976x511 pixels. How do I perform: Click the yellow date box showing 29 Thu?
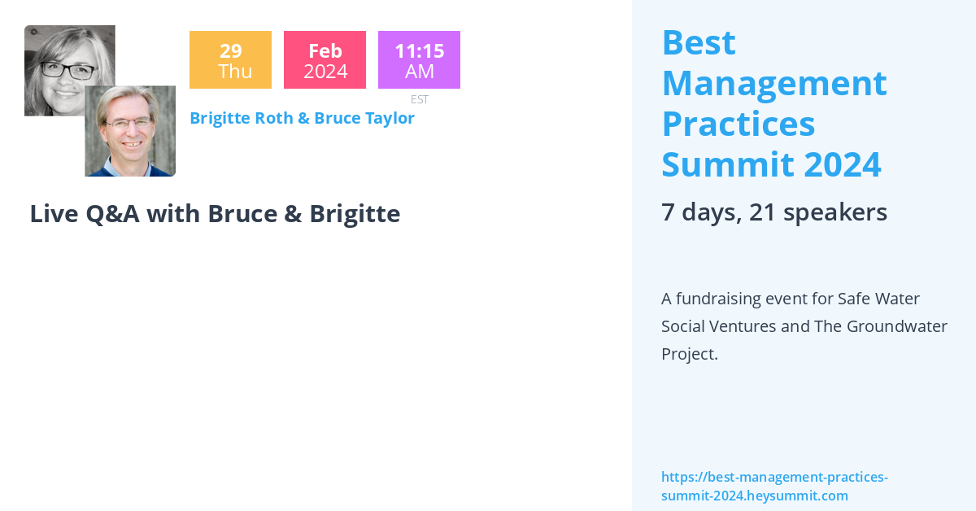230,60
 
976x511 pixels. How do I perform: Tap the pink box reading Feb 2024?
325,60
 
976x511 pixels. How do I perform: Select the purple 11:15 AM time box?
419,60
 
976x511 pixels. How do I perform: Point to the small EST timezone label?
420,99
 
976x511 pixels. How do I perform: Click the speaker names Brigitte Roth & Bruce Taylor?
302,118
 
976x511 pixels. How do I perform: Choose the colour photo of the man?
130,131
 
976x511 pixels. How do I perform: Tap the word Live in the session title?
54,213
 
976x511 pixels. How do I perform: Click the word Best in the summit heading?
699,42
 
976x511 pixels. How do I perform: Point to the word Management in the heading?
773,83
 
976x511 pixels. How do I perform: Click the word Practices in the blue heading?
738,124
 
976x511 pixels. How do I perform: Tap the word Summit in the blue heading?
727,164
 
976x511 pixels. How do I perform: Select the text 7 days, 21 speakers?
773,212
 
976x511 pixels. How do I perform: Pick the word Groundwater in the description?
897,326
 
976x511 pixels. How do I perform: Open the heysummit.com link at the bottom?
773,486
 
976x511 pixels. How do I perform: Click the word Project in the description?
688,355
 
